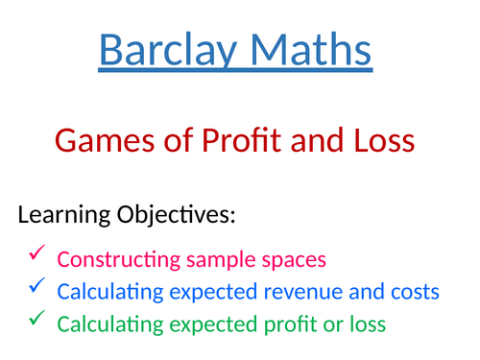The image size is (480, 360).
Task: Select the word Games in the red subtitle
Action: point(95,141)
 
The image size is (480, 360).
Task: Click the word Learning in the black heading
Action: point(62,215)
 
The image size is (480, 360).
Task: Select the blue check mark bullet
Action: point(36,286)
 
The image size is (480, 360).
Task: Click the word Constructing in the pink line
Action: point(111,259)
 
